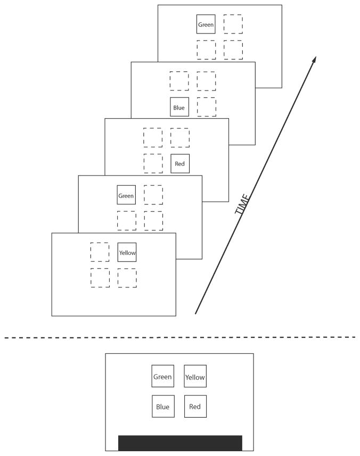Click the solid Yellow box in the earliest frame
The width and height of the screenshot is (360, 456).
[127, 252]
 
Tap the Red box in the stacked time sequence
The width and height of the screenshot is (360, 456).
[179, 164]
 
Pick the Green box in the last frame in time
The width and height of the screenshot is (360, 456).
[206, 24]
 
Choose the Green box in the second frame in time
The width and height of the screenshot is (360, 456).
[126, 195]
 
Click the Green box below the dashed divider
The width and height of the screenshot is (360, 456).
[162, 377]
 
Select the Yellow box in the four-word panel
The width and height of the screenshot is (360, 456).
[195, 377]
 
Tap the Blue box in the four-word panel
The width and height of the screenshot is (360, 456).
[162, 407]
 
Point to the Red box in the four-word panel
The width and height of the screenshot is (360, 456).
[195, 407]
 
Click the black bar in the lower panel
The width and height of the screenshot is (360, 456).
[180, 443]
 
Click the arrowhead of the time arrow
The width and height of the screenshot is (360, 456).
[315, 59]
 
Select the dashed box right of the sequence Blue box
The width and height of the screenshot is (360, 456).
[207, 107]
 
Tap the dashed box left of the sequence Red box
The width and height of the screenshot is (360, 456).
[153, 163]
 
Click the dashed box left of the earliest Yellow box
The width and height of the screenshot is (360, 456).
[100, 252]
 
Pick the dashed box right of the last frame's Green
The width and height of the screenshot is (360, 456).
[233, 24]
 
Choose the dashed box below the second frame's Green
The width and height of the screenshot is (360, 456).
[126, 221]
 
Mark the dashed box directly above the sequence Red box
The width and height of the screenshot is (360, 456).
[179, 137]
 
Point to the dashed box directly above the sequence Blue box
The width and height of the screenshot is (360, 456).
[179, 81]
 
